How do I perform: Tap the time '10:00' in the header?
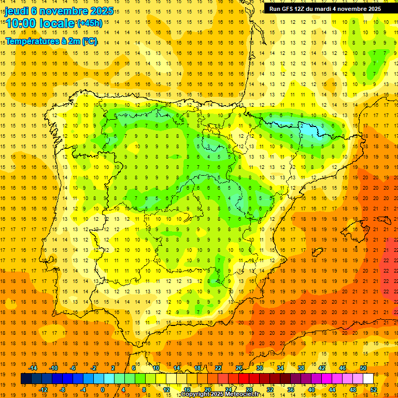point(22,23)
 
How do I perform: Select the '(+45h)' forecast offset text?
point(90,23)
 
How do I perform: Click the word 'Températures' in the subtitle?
point(30,41)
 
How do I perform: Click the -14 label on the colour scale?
point(33,368)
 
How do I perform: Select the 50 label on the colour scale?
point(363,368)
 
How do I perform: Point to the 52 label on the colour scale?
point(374,390)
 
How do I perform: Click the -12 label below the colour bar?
point(43,390)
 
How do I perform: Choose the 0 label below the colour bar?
point(103,390)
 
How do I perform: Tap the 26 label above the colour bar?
point(239,368)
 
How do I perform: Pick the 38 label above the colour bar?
point(301,368)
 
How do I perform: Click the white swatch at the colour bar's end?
point(368,379)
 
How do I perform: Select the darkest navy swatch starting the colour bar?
point(26,379)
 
